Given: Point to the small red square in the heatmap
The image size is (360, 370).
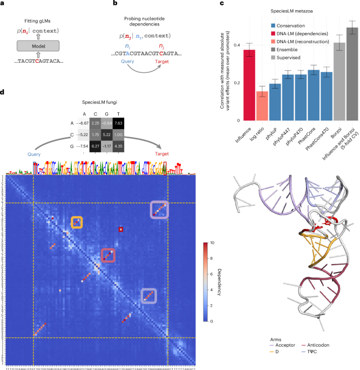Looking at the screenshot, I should pos(121,230).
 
